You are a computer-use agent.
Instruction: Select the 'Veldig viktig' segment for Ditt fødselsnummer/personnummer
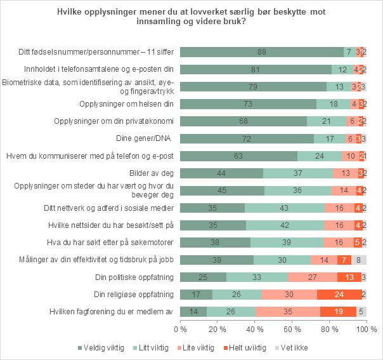[x=262, y=52]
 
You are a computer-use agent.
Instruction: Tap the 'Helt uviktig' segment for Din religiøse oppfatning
[x=340, y=294]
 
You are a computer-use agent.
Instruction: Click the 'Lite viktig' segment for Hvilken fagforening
[x=288, y=311]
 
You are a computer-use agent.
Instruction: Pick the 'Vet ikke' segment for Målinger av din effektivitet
[x=359, y=259]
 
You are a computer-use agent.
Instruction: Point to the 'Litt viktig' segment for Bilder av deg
[x=297, y=173]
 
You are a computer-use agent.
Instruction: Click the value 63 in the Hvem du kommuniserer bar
[x=239, y=156]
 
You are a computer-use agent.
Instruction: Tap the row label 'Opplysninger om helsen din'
[x=126, y=103]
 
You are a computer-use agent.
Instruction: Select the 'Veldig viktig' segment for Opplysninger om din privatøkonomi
[x=243, y=121]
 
